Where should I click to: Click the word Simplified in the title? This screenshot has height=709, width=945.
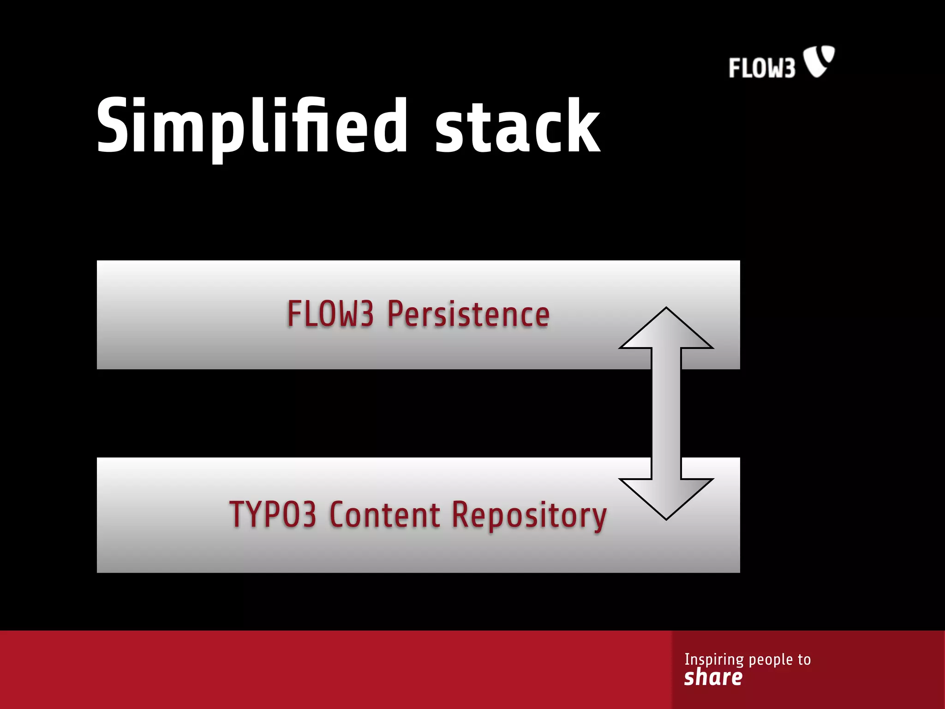pyautogui.click(x=251, y=126)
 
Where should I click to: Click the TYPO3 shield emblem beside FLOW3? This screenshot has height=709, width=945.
pyautogui.click(x=819, y=60)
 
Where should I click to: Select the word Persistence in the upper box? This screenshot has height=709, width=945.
pyautogui.click(x=468, y=314)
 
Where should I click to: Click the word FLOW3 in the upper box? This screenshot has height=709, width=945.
pyautogui.click(x=330, y=314)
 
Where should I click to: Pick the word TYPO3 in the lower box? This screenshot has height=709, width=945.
pyautogui.click(x=273, y=514)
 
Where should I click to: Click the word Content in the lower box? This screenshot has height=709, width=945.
pyautogui.click(x=385, y=514)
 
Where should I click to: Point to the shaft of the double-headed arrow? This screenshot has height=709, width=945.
pyautogui.click(x=666, y=413)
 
